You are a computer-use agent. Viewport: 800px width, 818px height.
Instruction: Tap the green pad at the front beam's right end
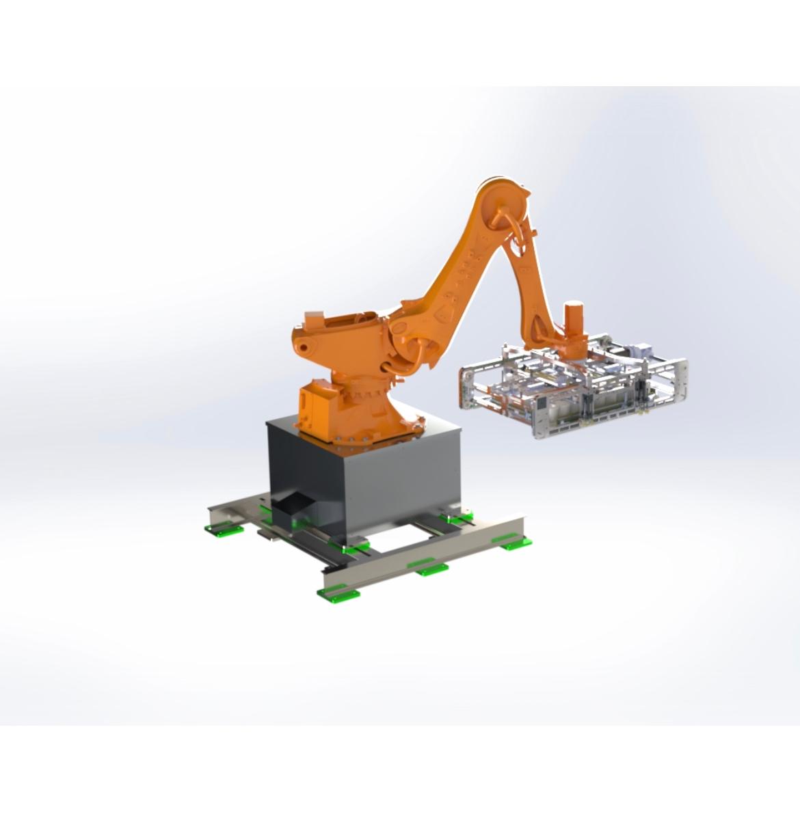[514, 543]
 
